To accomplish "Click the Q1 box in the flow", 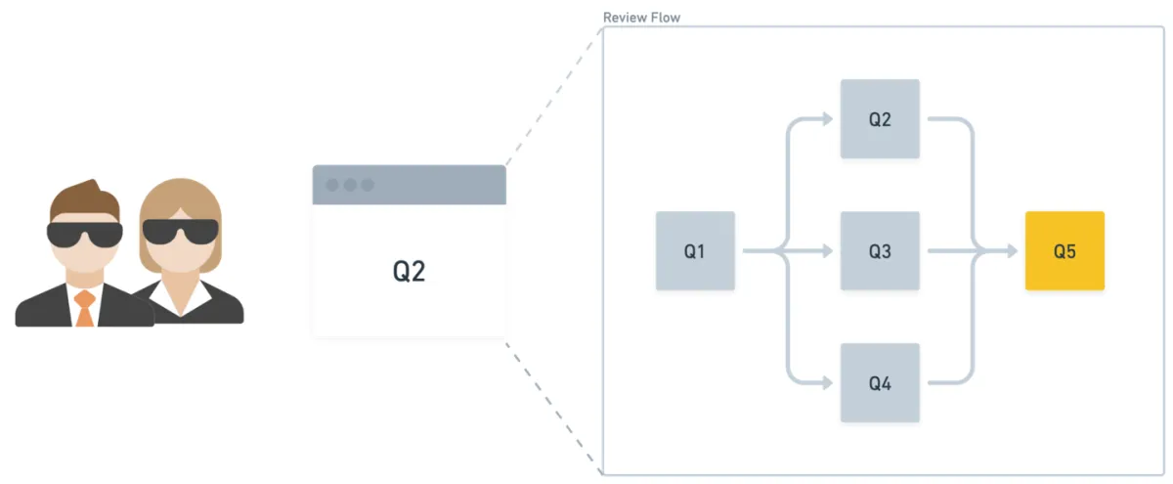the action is click(695, 251).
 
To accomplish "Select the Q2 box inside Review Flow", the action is click(880, 119).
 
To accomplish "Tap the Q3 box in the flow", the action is click(880, 251).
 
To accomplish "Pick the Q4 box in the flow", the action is click(880, 383).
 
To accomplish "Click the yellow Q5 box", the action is click(1064, 251).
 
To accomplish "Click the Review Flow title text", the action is click(641, 18).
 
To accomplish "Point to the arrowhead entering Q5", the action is click(1013, 251).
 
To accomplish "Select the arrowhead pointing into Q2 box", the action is click(828, 119).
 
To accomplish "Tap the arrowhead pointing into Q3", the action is click(828, 251).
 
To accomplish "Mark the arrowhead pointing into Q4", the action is click(828, 383).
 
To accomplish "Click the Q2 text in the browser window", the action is click(409, 271).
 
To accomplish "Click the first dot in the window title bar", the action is click(332, 185).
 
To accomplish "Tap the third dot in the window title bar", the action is click(368, 185).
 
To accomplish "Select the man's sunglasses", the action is click(85, 234).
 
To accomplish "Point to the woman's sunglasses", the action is click(180, 231).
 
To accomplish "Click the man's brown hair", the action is click(85, 199).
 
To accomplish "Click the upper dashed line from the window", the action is click(554, 97).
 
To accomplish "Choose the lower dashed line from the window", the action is click(554, 409).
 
